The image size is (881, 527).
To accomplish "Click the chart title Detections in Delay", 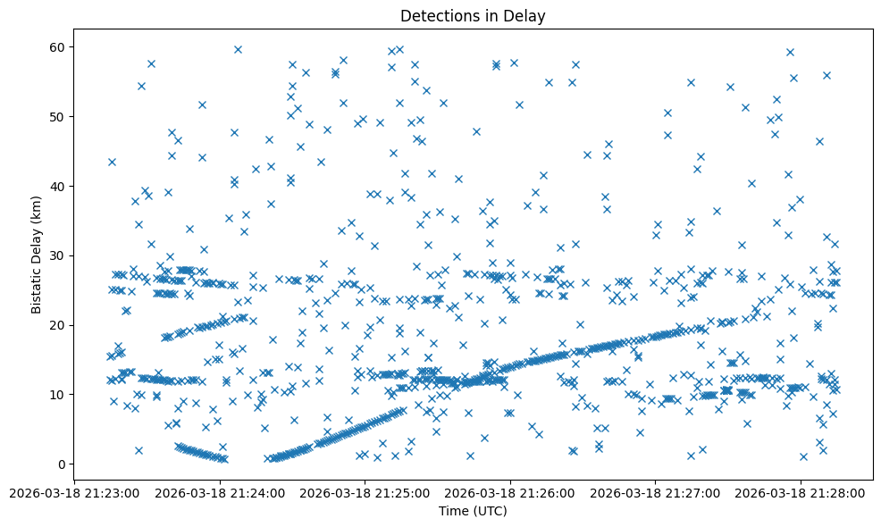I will [x=473, y=15].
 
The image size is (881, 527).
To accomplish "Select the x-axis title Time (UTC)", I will [x=473, y=511].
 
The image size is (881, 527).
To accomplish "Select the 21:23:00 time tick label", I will [x=75, y=492].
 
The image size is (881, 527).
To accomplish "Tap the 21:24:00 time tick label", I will [x=220, y=492].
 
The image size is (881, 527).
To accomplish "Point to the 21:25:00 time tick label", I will [x=365, y=492].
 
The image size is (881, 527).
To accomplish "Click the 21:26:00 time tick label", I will [x=510, y=492].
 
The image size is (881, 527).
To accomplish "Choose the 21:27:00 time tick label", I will [x=655, y=492].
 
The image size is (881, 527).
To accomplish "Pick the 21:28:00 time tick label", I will [x=800, y=492].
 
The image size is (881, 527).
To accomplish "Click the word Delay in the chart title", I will [x=528, y=15].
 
